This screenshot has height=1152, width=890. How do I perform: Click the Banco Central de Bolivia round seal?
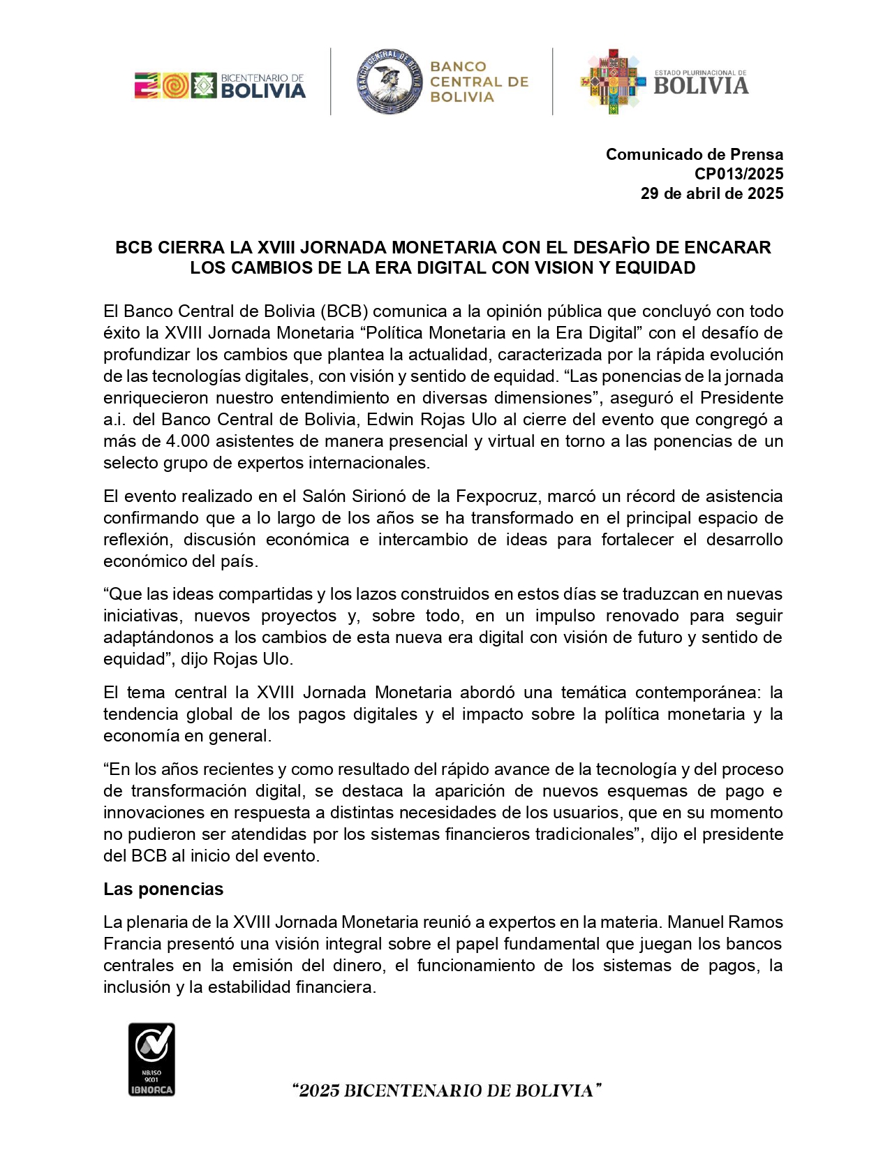[390, 82]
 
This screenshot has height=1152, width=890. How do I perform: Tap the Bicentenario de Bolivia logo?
[220, 85]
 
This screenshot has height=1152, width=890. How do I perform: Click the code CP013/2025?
[739, 174]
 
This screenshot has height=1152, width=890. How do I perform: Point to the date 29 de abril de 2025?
[711, 193]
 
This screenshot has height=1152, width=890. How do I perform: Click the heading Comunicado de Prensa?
[694, 154]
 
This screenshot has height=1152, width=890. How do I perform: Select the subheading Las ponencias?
[163, 889]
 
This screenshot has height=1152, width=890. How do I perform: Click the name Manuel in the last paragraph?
[695, 922]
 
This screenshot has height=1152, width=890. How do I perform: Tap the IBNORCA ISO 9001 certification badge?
[151, 1059]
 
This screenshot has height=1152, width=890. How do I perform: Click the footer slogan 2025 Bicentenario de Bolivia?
[447, 1091]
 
